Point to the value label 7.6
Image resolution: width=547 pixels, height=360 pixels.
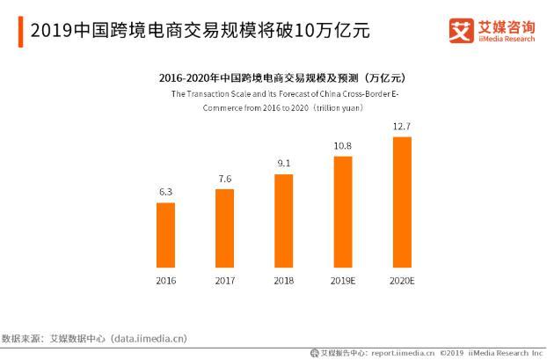(x=224, y=180)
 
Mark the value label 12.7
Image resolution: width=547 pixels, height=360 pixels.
(x=401, y=127)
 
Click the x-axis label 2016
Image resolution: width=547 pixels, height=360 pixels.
(x=165, y=281)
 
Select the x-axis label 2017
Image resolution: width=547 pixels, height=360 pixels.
(x=224, y=281)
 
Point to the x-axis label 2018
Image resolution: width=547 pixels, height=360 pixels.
(x=283, y=281)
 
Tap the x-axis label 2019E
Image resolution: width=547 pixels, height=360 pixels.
(x=342, y=281)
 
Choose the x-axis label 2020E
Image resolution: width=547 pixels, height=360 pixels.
(x=401, y=281)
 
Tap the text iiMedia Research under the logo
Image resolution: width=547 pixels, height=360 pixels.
(x=506, y=40)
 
